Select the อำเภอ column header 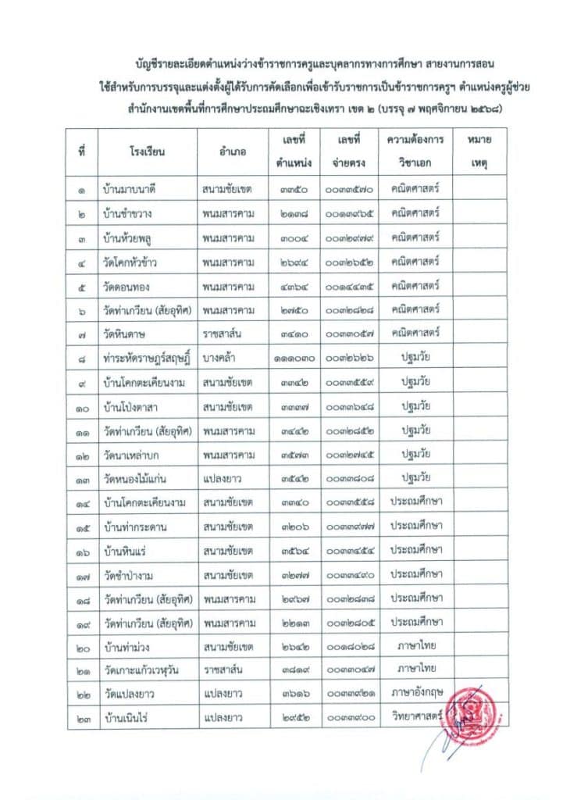(x=233, y=152)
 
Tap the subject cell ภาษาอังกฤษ (x=417, y=694)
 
